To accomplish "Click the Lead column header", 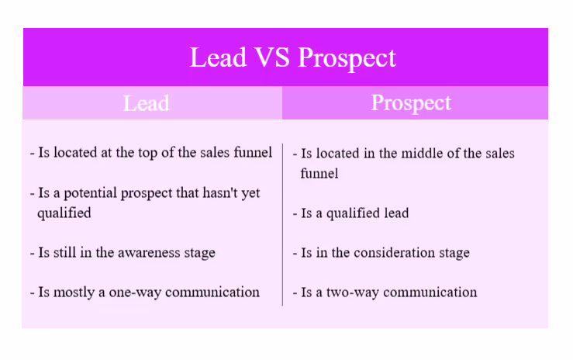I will (147, 103).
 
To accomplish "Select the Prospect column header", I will (411, 103).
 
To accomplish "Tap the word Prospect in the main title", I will (347, 58).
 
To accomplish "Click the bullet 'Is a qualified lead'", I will (354, 213).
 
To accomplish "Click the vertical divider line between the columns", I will (282, 225).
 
